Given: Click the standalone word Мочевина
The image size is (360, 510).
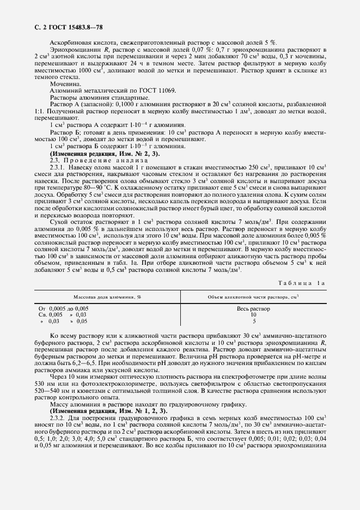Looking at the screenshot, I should [x=65, y=84].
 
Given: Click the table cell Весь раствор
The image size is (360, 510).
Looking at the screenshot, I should [x=253, y=309].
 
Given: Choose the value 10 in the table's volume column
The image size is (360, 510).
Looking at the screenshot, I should [x=253, y=315].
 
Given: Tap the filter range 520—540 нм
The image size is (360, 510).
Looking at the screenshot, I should [x=51, y=392].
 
